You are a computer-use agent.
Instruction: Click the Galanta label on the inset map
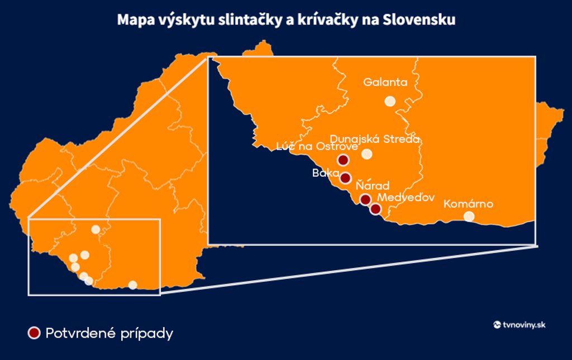385,83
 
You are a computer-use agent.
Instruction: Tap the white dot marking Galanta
390,102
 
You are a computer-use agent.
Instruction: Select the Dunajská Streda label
374,138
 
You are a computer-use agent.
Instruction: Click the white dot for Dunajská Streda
366,154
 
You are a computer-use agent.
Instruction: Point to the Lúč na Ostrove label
317,147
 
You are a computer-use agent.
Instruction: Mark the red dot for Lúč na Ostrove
343,160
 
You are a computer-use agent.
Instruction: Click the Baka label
322,173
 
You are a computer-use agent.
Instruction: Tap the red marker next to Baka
345,179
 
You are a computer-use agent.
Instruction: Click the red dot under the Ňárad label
365,199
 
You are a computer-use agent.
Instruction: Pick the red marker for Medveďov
376,209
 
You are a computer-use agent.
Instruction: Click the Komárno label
468,204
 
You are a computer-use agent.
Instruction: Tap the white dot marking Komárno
469,216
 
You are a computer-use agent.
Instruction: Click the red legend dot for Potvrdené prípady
34,333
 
